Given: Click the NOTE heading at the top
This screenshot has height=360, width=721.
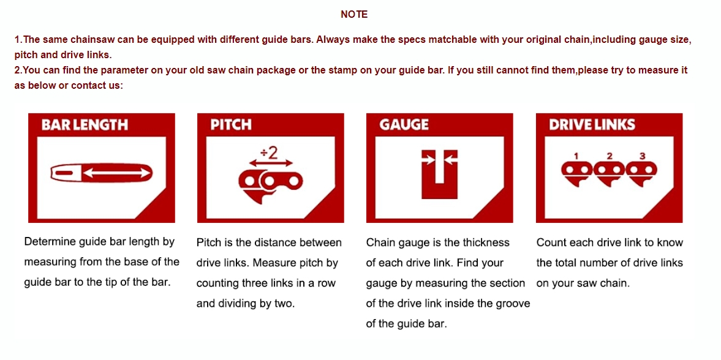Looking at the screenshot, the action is (x=354, y=15).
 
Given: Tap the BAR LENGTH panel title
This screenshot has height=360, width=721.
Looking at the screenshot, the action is (x=85, y=125).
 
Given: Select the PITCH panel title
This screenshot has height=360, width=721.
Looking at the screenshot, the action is (x=231, y=125).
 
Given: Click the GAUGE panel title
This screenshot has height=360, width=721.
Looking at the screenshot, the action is (x=404, y=125).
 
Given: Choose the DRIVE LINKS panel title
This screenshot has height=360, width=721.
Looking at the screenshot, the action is (x=592, y=125).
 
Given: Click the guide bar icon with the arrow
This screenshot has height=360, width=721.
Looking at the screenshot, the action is (x=101, y=173).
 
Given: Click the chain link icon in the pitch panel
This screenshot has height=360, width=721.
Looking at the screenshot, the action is (x=270, y=185).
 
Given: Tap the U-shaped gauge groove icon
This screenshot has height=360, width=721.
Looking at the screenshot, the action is (x=440, y=174).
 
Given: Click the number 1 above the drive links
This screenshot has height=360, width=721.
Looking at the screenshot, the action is (x=576, y=156).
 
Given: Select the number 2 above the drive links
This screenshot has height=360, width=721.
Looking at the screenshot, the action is (x=610, y=156).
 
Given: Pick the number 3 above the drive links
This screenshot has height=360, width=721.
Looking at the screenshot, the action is (x=643, y=156).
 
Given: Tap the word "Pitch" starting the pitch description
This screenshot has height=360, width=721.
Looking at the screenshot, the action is (x=207, y=242).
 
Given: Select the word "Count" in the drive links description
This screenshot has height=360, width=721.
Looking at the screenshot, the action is (x=549, y=242).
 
